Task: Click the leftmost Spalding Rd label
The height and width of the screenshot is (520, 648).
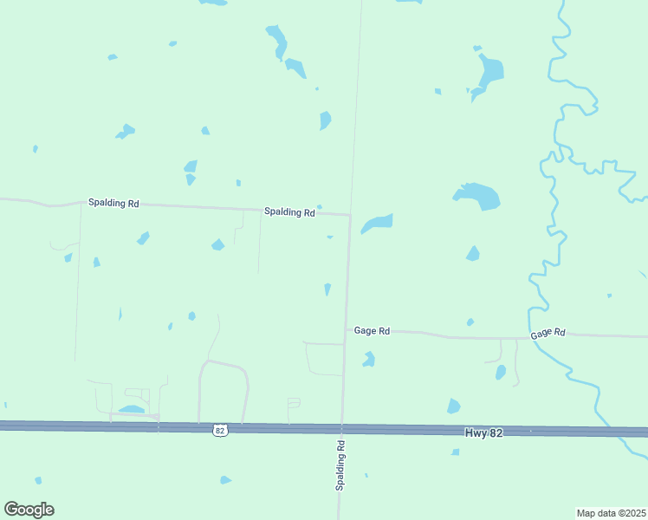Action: pyautogui.click(x=113, y=203)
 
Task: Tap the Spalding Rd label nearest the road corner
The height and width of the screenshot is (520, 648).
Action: pyautogui.click(x=289, y=211)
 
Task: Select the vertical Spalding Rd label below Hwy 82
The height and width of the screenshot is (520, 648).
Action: pyautogui.click(x=340, y=466)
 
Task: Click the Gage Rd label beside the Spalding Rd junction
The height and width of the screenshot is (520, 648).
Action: pyautogui.click(x=373, y=331)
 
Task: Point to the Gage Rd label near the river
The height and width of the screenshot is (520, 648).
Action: pyautogui.click(x=548, y=333)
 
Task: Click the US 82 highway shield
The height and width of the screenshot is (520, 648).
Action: pyautogui.click(x=221, y=430)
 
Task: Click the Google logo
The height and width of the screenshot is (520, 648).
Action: pyautogui.click(x=29, y=510)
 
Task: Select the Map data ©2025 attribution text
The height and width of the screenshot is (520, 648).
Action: pyautogui.click(x=611, y=513)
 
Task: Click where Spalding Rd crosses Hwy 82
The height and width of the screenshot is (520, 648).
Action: pyautogui.click(x=342, y=428)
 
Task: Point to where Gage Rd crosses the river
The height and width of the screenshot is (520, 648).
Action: pyautogui.click(x=530, y=336)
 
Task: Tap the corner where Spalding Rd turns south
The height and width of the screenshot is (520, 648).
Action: pyautogui.click(x=349, y=214)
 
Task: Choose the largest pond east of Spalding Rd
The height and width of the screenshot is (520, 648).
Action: pyautogui.click(x=478, y=196)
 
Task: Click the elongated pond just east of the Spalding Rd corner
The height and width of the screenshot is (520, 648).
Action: pyautogui.click(x=377, y=224)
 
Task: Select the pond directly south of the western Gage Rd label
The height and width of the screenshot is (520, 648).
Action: pyautogui.click(x=369, y=359)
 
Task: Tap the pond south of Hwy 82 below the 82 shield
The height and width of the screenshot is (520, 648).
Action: pyautogui.click(x=225, y=479)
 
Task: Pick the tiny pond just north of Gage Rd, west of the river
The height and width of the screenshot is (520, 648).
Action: pyautogui.click(x=470, y=322)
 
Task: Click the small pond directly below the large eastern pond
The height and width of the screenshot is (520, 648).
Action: pyautogui.click(x=472, y=253)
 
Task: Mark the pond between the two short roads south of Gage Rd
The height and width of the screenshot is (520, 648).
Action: pyautogui.click(x=501, y=372)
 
